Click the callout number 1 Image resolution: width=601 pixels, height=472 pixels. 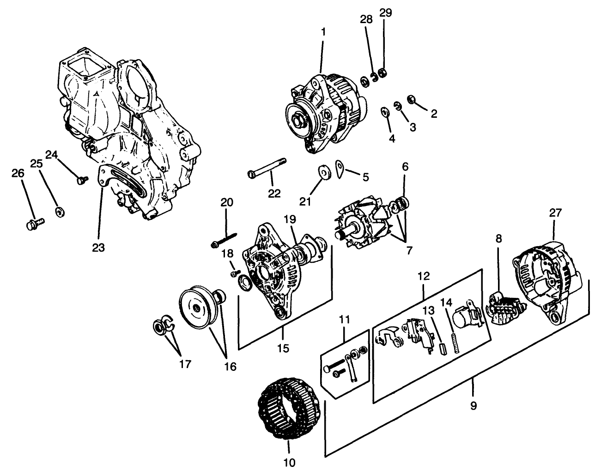coord(323,32)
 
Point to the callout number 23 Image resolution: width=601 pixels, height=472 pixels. coord(98,248)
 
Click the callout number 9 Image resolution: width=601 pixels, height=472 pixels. coord(473,406)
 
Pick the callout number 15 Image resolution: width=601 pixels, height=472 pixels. coord(283,348)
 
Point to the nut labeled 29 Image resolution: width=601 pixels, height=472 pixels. coord(382,73)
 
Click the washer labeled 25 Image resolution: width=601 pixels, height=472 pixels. coord(60,212)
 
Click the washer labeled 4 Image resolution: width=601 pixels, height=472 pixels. coord(384,112)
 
